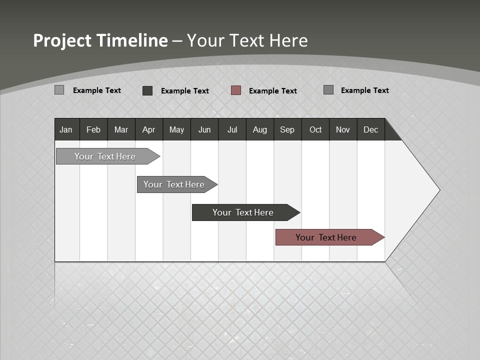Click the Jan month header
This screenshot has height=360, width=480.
66,129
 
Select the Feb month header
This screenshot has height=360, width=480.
93,129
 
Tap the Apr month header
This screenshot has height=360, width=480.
149,129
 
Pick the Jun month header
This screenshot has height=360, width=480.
204,129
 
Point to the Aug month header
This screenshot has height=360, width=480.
260,129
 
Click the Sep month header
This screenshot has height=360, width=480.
287,129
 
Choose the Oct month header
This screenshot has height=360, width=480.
315,129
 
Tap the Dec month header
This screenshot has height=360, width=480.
371,129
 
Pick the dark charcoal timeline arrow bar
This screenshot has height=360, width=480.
243,212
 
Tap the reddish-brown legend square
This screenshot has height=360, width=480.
236,90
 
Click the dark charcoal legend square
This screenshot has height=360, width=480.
147,90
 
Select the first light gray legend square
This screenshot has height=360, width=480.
59,90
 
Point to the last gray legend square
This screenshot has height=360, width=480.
328,90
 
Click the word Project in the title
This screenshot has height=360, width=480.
62,40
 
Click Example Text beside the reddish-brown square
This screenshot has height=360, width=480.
272,91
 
